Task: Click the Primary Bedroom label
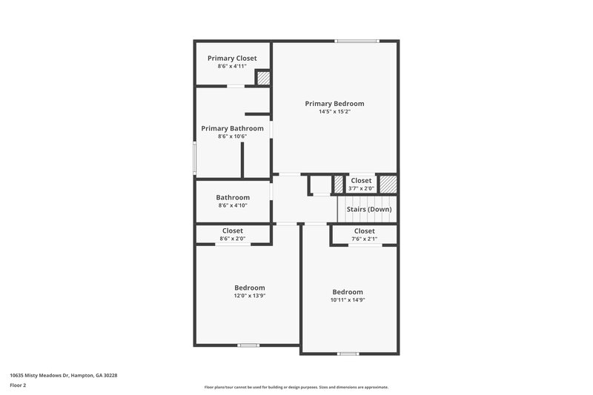point(334,104)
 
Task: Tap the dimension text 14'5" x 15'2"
point(334,113)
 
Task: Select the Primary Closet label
point(232,58)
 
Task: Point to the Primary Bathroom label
point(232,128)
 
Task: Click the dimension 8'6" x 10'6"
point(232,136)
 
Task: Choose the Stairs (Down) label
point(368,209)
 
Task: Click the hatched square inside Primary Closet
point(262,77)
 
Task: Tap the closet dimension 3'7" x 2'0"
point(361,188)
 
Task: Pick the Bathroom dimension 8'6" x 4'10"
point(232,205)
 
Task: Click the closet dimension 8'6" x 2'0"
point(232,239)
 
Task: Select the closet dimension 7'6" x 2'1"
point(364,239)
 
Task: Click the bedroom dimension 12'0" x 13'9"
point(249,296)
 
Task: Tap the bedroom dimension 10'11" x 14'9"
point(347,300)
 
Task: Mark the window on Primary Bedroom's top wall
point(358,41)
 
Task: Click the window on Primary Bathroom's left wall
point(195,159)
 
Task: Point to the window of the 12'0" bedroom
point(248,345)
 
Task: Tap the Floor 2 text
point(19,385)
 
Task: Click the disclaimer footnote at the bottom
point(296,387)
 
